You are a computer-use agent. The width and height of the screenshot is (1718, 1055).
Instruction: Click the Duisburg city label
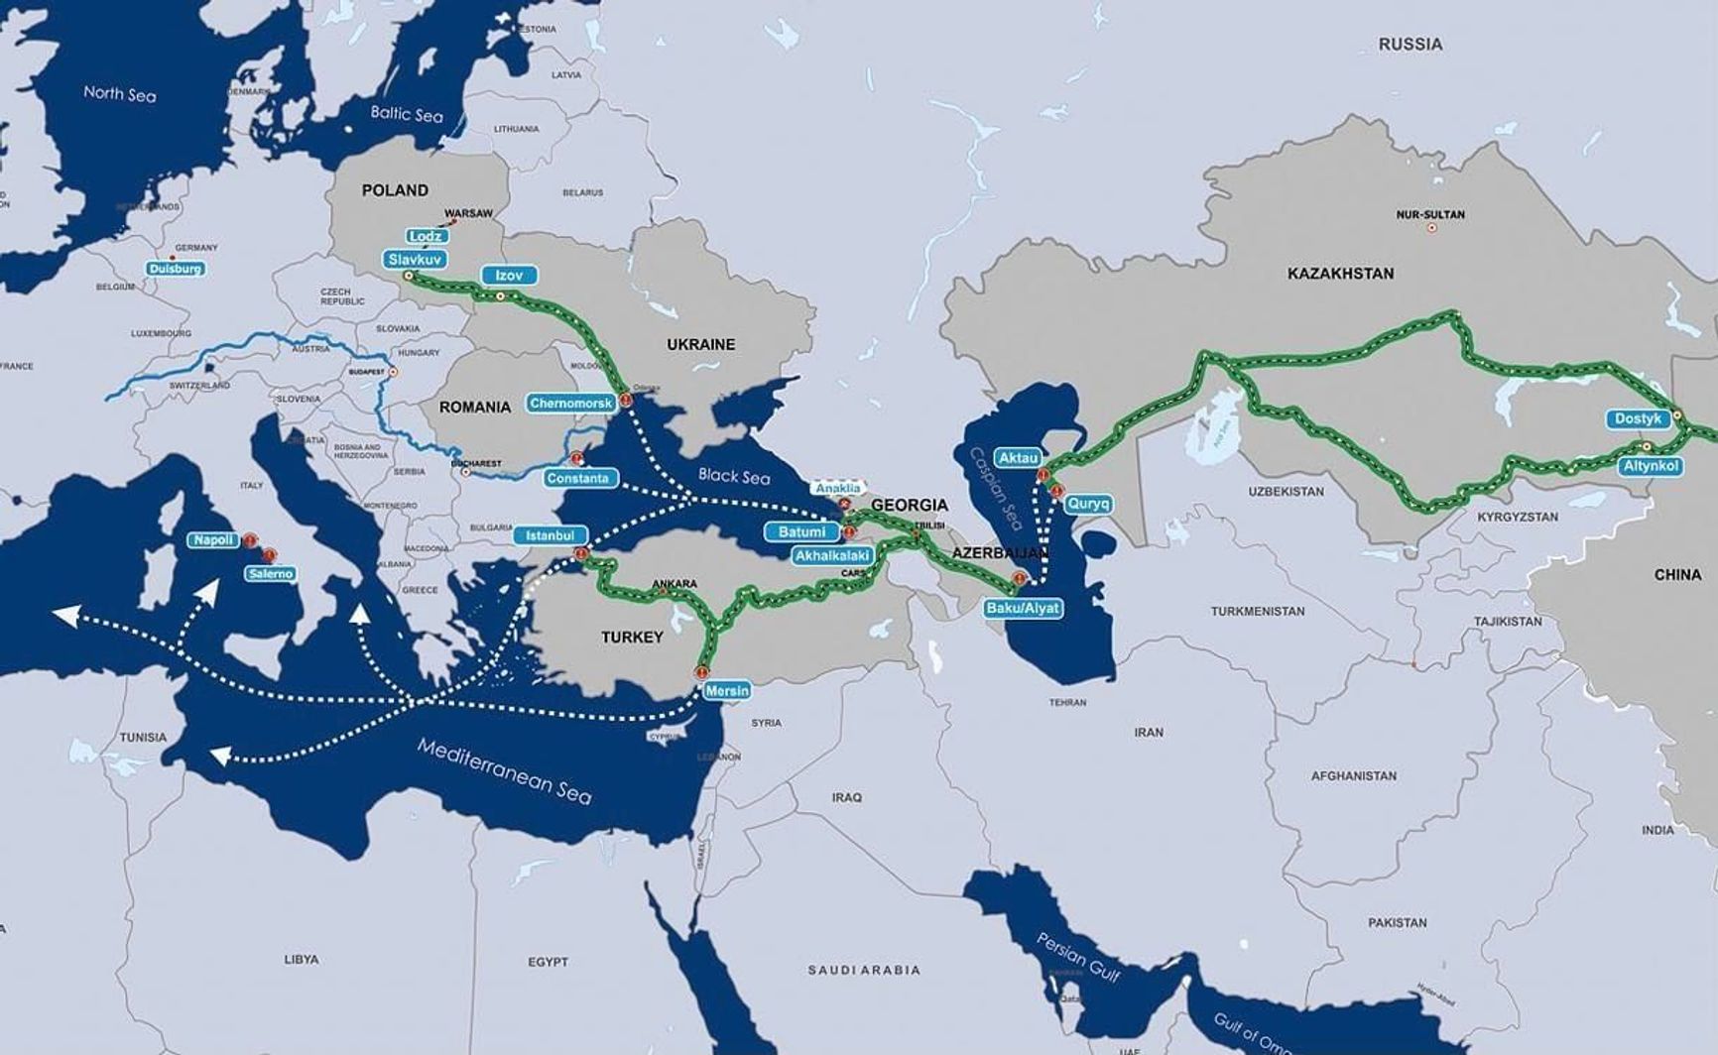(x=177, y=269)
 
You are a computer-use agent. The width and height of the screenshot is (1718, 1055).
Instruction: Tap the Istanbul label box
(x=550, y=535)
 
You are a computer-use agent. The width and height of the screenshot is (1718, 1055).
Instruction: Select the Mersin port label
(x=727, y=690)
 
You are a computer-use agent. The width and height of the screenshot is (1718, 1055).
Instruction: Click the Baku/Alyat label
(x=1023, y=608)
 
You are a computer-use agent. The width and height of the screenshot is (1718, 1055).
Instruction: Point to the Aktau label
(x=1018, y=457)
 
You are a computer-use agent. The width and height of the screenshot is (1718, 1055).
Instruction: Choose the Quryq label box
(x=1088, y=504)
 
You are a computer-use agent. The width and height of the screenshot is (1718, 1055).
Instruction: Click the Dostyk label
(x=1637, y=418)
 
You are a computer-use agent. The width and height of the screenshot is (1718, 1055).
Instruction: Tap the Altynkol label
(x=1651, y=465)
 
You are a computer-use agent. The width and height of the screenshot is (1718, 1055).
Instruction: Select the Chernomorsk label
(x=571, y=404)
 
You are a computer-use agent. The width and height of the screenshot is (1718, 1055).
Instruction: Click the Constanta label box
(x=578, y=478)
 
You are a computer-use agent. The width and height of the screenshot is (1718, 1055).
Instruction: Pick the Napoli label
(x=213, y=540)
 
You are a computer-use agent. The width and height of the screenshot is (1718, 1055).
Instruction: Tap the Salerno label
(x=271, y=573)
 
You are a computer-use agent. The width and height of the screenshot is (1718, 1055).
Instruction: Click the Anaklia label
(x=837, y=488)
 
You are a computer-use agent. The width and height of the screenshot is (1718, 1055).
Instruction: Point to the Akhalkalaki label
(x=831, y=556)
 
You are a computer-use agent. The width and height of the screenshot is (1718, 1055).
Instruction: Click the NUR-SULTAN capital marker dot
(x=1431, y=228)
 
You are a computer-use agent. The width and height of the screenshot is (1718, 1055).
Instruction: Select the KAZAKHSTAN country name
(x=1340, y=274)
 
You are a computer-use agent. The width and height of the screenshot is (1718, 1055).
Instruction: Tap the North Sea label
(x=119, y=93)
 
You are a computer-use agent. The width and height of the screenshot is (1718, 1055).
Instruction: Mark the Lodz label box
(x=427, y=236)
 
